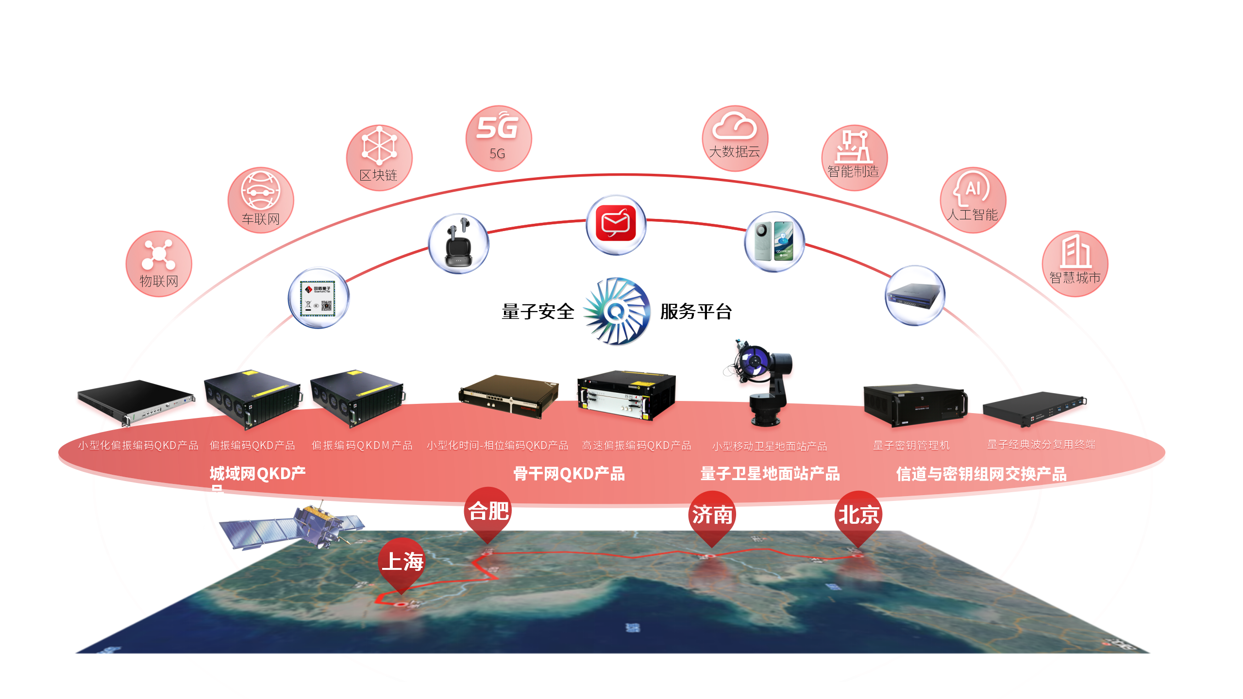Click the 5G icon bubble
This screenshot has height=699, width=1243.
[499, 138]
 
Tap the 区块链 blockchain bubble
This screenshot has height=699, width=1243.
[379, 158]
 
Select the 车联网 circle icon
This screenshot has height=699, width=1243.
[261, 200]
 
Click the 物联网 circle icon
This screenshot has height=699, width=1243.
[159, 264]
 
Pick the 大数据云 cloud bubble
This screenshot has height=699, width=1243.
[735, 138]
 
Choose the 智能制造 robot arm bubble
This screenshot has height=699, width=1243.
[854, 158]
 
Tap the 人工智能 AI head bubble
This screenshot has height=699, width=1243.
[973, 200]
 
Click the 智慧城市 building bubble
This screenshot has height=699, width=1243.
[1075, 264]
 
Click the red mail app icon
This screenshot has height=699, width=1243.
[616, 225]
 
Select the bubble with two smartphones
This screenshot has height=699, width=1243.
[774, 242]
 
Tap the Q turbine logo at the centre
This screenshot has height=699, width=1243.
[617, 311]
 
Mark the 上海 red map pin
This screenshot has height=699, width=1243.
[402, 563]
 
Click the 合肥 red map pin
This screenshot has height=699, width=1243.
[488, 513]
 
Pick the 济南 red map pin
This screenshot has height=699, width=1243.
[712, 516]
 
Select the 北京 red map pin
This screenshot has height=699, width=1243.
[858, 516]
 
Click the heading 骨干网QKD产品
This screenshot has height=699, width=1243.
[569, 474]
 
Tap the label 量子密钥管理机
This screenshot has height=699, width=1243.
[911, 445]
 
